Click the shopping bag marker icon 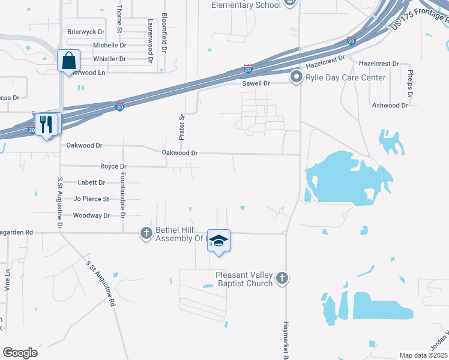68,60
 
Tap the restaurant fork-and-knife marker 46,124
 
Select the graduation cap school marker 219,241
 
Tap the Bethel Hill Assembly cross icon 146,233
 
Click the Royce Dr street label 113,166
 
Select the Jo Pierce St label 91,199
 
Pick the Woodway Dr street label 91,215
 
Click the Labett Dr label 91,182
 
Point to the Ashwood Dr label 390,105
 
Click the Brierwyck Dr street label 86,31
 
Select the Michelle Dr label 109,45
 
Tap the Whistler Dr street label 109,59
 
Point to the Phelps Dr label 409,83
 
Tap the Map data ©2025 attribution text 423,355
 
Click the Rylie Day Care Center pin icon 295,77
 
